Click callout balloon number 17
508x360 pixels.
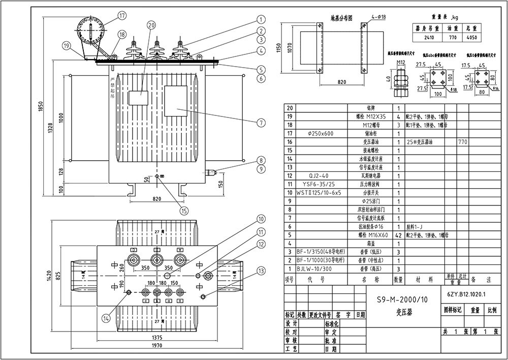(x=121, y=15)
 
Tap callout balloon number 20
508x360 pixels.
(x=151, y=24)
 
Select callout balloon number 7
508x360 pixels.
(x=261, y=123)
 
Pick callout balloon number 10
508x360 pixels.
(x=261, y=219)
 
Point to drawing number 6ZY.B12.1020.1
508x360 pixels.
(x=467, y=294)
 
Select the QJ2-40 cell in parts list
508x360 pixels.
(x=320, y=175)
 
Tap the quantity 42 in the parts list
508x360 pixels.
(x=398, y=235)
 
